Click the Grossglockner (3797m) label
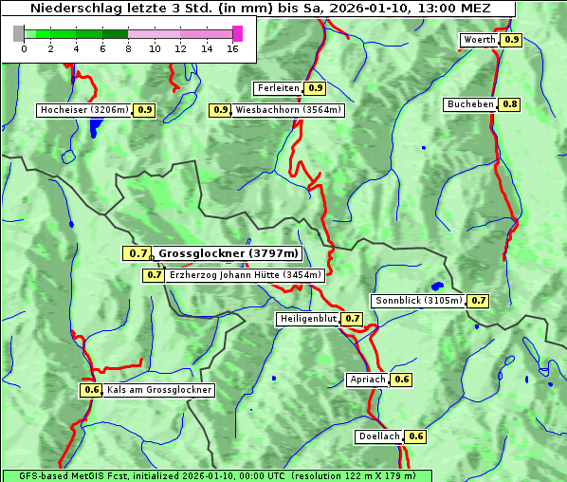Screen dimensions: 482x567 click(x=229, y=253)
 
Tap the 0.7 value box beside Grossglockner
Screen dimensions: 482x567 click(x=137, y=253)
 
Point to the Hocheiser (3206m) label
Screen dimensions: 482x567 click(x=84, y=110)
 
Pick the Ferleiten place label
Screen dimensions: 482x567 click(x=278, y=88)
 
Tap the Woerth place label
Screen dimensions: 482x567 click(x=480, y=40)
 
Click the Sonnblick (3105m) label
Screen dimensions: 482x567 click(x=418, y=301)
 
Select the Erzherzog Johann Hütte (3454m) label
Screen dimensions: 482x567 click(x=246, y=275)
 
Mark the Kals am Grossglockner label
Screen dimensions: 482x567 click(x=158, y=390)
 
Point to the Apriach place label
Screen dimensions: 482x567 click(x=368, y=380)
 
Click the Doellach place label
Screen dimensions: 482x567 click(x=379, y=436)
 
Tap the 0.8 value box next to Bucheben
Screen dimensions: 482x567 click(x=510, y=103)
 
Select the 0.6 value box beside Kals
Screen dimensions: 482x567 click(x=91, y=390)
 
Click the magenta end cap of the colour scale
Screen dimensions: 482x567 click(x=237, y=33)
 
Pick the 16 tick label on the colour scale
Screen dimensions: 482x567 click(x=232, y=49)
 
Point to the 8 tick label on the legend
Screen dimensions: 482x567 click(x=128, y=49)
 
